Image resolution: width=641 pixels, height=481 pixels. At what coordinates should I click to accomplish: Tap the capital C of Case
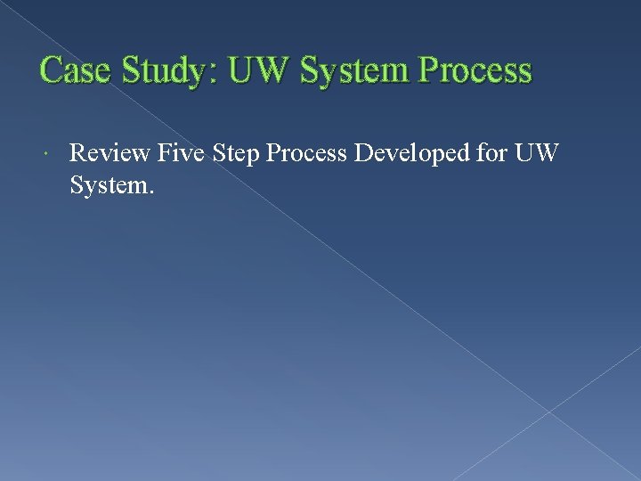coord(52,71)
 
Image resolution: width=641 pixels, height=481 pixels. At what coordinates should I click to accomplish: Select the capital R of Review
coord(78,154)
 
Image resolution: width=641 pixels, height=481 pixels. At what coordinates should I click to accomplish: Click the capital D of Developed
coord(363,154)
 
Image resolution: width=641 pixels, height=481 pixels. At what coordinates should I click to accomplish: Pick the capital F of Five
coord(165,154)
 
